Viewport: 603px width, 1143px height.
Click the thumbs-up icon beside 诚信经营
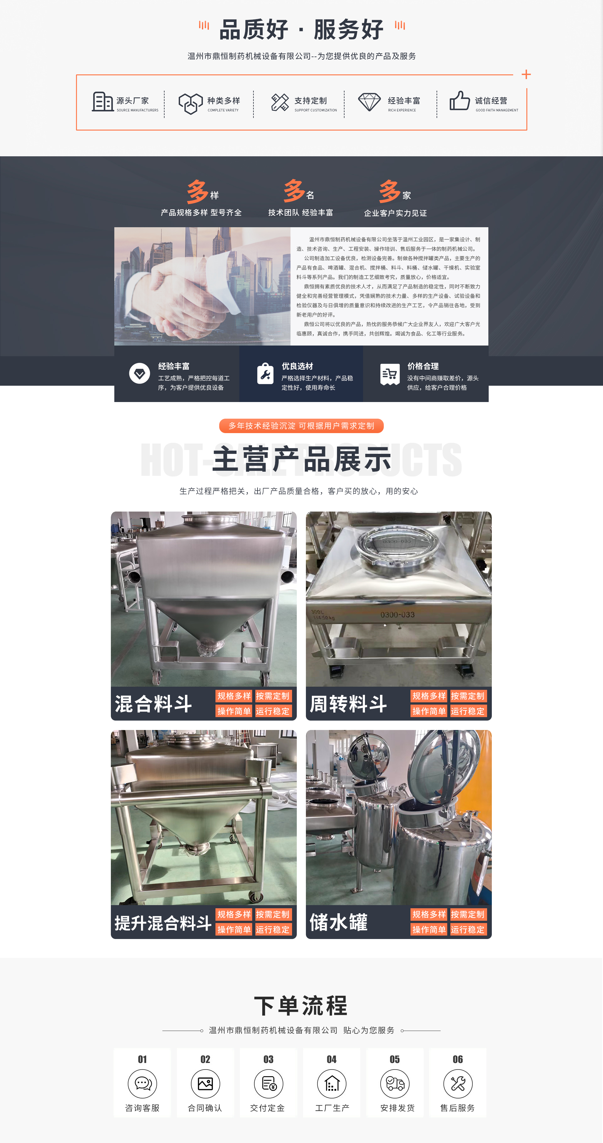click(459, 101)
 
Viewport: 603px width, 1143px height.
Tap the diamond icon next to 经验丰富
click(369, 102)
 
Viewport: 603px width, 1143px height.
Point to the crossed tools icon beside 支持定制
click(280, 102)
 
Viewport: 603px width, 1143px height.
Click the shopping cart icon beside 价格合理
click(390, 374)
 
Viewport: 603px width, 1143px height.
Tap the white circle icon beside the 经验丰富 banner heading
click(139, 373)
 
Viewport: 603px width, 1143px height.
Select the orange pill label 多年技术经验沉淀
click(301, 426)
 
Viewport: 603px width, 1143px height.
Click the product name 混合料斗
click(153, 704)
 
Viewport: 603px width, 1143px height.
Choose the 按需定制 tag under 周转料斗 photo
click(468, 696)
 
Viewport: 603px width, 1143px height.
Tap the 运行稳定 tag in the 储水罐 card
click(468, 930)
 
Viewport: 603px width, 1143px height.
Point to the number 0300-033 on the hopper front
click(397, 614)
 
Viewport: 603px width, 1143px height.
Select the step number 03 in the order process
click(268, 1060)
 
